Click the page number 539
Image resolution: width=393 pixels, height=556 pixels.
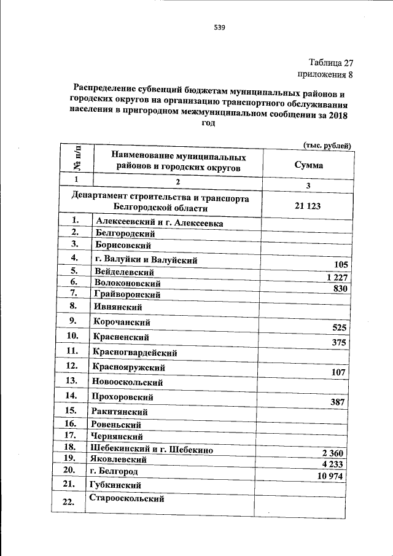[219, 27]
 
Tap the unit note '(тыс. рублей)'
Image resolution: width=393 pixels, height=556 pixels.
[327, 145]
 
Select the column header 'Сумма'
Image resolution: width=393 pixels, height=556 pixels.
[308, 165]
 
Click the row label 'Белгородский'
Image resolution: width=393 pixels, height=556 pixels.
[125, 233]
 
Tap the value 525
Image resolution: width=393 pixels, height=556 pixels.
[339, 327]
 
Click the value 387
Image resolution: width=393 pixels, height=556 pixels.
[339, 402]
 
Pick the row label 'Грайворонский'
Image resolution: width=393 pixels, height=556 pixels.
[128, 294]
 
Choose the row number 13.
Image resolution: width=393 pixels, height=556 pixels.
[73, 381]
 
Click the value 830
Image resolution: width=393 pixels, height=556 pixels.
[339, 289]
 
